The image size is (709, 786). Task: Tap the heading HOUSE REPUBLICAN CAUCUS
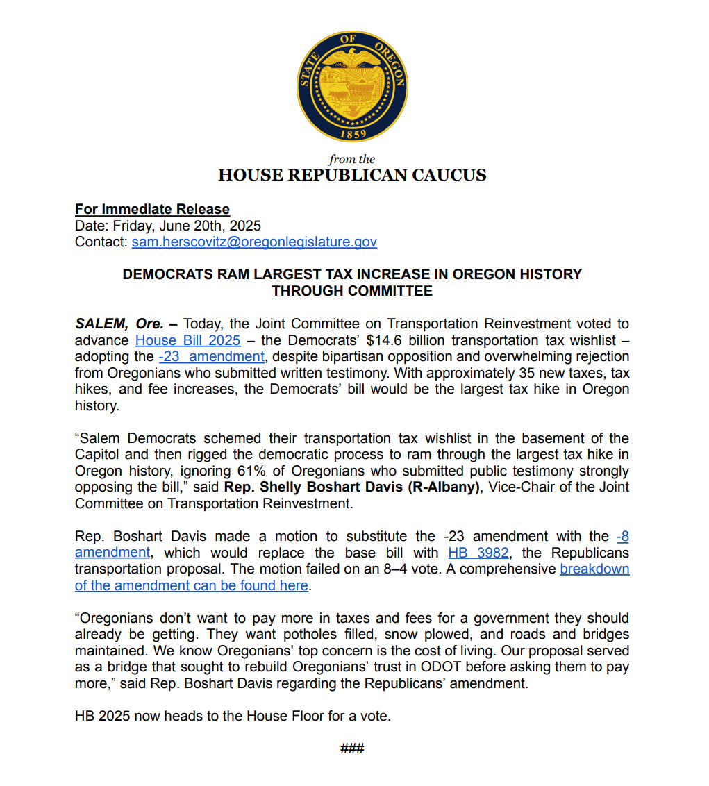[352, 175]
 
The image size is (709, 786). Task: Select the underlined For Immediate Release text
[152, 209]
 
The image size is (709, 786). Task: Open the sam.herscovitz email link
[254, 242]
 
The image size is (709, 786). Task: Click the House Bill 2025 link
[187, 340]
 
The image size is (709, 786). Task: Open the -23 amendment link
[211, 356]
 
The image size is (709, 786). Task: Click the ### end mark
[352, 749]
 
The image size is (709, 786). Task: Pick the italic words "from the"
[352, 159]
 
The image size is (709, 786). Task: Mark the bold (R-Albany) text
[444, 487]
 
